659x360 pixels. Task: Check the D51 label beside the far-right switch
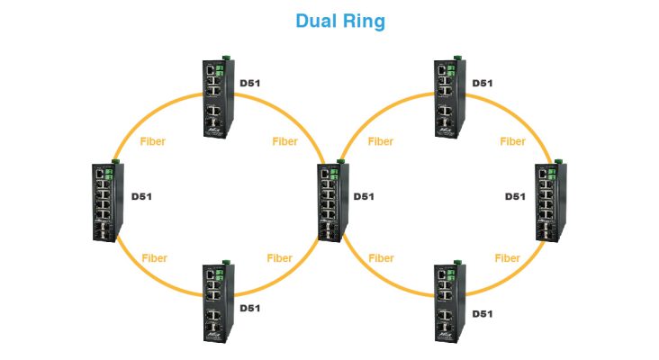click(x=514, y=196)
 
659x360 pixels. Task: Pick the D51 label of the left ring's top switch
click(x=249, y=84)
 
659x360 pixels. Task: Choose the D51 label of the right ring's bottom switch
click(x=482, y=313)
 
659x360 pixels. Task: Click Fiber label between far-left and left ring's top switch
click(x=153, y=141)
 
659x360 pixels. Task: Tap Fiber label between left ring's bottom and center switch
click(x=280, y=258)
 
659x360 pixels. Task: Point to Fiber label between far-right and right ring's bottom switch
click(x=508, y=258)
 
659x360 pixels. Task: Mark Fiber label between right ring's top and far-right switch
click(x=512, y=141)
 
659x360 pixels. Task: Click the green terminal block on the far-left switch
click(x=112, y=172)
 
